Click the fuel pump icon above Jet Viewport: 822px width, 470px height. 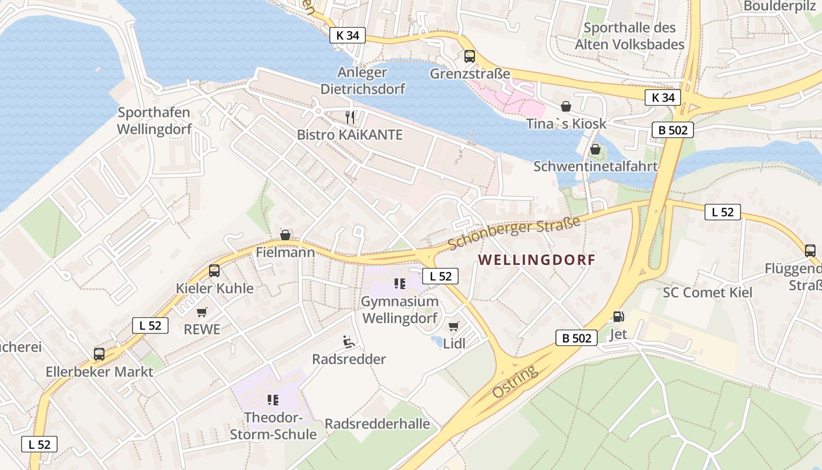[618, 317]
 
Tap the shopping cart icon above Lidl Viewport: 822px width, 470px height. [453, 326]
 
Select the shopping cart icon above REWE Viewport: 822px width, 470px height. [202, 312]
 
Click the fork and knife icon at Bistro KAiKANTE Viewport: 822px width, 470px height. [350, 117]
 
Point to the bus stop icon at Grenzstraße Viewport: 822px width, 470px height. [470, 56]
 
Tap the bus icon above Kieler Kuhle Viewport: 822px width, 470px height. [214, 271]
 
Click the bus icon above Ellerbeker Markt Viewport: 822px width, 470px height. [99, 354]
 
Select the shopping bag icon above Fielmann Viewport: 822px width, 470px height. [285, 235]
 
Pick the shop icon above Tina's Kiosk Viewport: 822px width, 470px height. [566, 106]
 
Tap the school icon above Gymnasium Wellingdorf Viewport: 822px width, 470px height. [400, 284]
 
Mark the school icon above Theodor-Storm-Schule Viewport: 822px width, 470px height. [272, 400]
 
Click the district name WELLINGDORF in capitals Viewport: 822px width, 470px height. [537, 260]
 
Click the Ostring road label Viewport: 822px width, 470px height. [514, 382]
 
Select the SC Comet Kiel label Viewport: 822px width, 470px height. [707, 293]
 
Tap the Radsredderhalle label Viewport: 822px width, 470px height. [377, 424]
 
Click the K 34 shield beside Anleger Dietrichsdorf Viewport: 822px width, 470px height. [347, 35]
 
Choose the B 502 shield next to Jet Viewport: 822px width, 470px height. [576, 338]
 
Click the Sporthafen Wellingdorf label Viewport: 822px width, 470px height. [154, 121]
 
